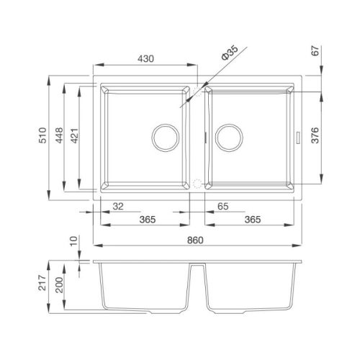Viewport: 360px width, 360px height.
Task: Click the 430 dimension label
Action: [x=145, y=59]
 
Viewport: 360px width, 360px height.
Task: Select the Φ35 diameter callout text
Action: [x=230, y=53]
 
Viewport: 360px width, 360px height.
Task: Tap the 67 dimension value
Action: [x=315, y=50]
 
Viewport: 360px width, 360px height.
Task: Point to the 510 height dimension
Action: [x=42, y=135]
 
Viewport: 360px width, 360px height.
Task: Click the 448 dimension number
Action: [x=59, y=135]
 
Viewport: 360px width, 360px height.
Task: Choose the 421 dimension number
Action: [x=75, y=136]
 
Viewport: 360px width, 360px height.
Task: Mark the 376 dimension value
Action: [x=315, y=135]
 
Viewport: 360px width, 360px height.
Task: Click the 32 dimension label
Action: [x=118, y=207]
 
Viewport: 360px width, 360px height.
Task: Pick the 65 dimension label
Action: [x=223, y=207]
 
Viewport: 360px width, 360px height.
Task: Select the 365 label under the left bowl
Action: [x=148, y=220]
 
